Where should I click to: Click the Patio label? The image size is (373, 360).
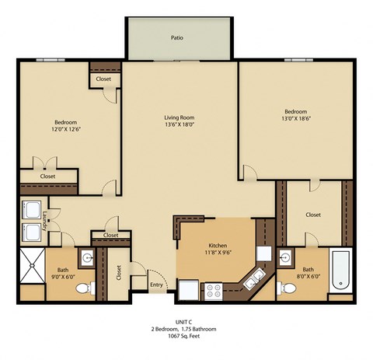pos(177,37)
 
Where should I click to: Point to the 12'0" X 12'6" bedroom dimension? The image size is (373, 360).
pos(64,129)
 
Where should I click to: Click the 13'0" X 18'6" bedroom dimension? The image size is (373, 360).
pos(295,119)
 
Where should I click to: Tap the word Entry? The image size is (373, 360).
pos(157,285)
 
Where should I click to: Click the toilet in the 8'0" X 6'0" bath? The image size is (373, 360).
pos(287,289)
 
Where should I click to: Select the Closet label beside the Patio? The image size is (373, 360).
pos(103,79)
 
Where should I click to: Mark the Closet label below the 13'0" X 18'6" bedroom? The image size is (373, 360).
pos(313,215)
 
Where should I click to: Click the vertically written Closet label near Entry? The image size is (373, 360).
pos(119,273)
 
